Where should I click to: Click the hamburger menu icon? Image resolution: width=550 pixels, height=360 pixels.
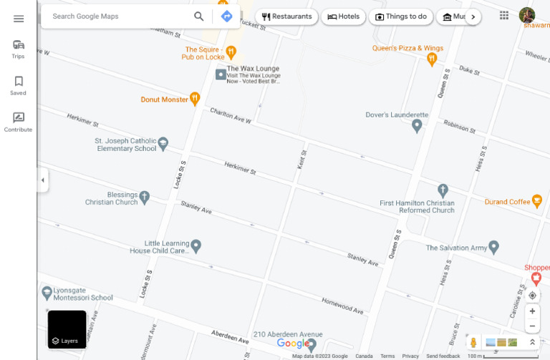click(x=19, y=19)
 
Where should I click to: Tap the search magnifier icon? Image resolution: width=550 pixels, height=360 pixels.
click(x=198, y=16)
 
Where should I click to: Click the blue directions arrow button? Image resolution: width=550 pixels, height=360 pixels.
click(x=226, y=16)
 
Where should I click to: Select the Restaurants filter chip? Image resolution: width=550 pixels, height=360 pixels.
click(x=286, y=16)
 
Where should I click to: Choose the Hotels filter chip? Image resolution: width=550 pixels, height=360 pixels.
click(x=343, y=16)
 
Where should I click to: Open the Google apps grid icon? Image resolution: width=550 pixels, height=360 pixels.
click(x=504, y=15)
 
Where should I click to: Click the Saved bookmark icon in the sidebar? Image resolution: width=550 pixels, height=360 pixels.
click(x=19, y=82)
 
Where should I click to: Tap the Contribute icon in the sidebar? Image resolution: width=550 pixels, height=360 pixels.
click(x=19, y=118)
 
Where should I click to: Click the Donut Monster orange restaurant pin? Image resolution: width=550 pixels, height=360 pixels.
click(x=195, y=99)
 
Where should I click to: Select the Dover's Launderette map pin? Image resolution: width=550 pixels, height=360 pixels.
click(x=417, y=126)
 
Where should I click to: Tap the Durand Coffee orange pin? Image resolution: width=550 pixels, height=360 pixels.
click(x=536, y=202)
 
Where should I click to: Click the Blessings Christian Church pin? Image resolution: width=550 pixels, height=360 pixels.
click(x=145, y=196)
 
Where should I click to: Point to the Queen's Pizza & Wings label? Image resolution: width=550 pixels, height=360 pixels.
click(x=407, y=48)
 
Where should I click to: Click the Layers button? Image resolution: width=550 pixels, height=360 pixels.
click(x=67, y=329)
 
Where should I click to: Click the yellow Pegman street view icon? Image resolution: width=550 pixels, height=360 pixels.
click(x=473, y=343)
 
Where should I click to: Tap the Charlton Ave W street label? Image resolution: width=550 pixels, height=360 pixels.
click(x=231, y=116)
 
